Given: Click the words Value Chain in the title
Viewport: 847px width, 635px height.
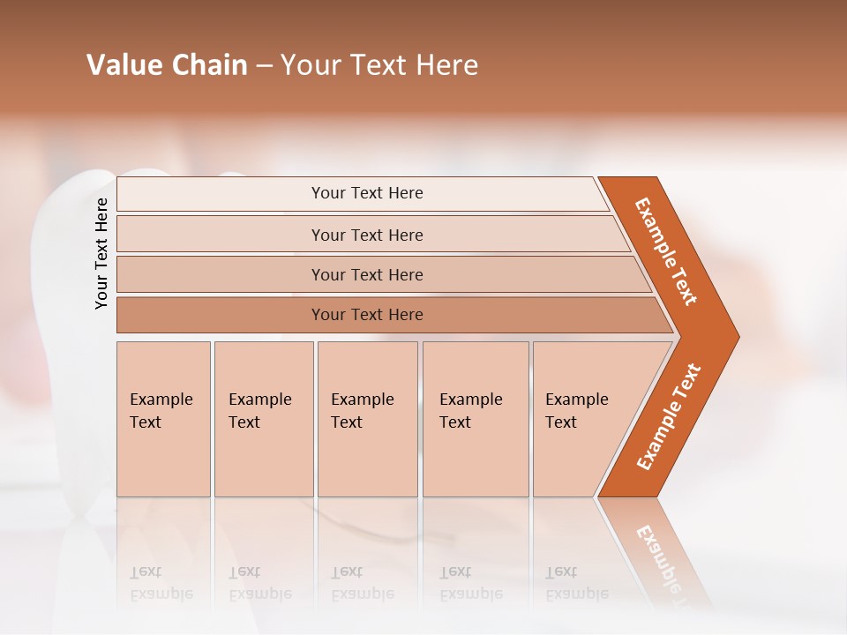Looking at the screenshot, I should [x=167, y=65].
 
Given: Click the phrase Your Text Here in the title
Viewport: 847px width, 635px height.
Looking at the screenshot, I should [x=379, y=65].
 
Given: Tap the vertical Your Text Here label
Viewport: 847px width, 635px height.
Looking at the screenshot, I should [x=101, y=253].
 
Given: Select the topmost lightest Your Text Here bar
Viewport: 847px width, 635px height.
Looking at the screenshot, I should [x=367, y=193].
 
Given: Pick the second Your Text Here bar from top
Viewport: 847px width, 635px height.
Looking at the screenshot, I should [x=367, y=235].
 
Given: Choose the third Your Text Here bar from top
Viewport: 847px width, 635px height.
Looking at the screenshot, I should [x=367, y=274].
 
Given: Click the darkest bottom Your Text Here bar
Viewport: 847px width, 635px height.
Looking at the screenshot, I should [x=367, y=315].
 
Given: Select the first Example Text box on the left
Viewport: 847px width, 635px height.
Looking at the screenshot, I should [x=163, y=418].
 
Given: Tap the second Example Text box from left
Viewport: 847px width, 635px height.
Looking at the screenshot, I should [x=263, y=418].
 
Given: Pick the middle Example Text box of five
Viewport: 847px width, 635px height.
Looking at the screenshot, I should [x=367, y=418].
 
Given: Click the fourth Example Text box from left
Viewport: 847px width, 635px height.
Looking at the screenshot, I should [x=475, y=418].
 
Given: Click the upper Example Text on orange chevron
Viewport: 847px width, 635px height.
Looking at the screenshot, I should [x=667, y=251].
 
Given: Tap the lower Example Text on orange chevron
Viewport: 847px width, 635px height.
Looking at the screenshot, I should [x=669, y=417].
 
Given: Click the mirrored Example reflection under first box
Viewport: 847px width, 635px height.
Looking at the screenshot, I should [x=161, y=594].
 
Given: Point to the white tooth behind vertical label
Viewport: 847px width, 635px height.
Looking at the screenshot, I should [x=66, y=353].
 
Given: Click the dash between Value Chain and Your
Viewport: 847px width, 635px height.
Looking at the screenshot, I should [x=264, y=66].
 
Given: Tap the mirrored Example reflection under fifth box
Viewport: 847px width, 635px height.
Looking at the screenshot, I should [x=576, y=594].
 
